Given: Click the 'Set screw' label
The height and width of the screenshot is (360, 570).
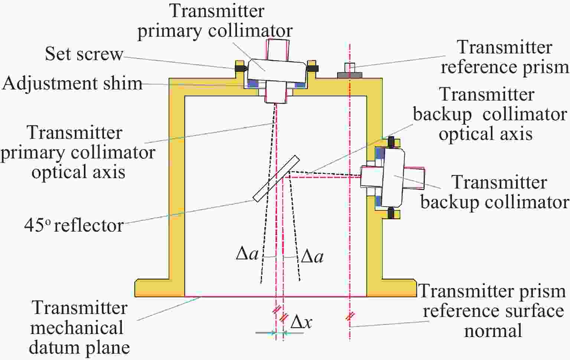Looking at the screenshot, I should [84, 54].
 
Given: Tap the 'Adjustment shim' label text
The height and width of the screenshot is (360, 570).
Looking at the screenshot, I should [72, 84].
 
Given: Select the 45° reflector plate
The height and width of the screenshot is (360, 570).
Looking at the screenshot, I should [276, 179].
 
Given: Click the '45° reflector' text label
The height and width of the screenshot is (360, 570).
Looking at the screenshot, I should [74, 225].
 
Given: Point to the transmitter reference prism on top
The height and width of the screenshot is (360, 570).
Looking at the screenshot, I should [349, 68].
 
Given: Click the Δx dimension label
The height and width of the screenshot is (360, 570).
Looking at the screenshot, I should [301, 322].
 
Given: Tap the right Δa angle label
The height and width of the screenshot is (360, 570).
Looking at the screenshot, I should [312, 256].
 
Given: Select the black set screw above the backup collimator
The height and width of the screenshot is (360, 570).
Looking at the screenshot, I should [391, 141].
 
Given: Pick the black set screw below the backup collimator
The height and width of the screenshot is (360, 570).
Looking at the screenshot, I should [391, 213].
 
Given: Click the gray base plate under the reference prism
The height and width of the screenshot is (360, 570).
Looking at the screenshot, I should [349, 75].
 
